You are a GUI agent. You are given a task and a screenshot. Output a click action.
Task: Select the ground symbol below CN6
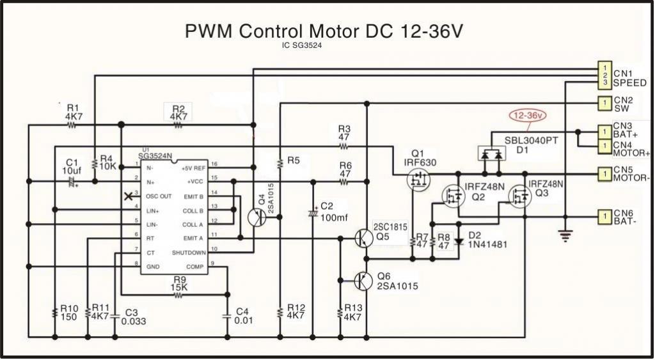tap(565, 236)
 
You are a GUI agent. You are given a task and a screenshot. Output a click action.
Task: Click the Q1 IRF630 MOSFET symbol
tap(418, 182)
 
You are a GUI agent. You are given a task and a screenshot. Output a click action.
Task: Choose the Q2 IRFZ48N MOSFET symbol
tap(454, 196)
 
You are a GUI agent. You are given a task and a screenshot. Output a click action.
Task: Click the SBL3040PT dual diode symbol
tap(491, 153)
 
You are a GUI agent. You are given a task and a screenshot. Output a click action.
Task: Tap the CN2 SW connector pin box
tap(604, 102)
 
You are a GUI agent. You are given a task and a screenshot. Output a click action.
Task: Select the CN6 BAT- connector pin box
tap(604, 217)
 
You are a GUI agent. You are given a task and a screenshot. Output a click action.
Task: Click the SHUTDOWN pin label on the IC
tap(189, 253)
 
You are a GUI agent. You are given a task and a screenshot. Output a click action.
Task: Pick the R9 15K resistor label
tap(180, 283)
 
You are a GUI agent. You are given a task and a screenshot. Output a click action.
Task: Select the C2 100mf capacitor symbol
tap(313, 212)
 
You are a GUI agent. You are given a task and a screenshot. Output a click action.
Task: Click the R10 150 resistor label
tap(69, 311)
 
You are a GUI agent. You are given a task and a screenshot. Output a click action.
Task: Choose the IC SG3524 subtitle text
tap(302, 45)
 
